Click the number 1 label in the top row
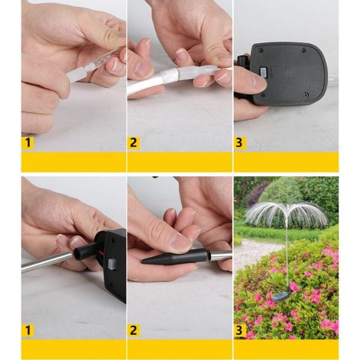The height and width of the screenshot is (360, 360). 28,143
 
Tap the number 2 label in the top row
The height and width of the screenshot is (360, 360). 133,143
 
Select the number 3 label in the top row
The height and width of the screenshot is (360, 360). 239,143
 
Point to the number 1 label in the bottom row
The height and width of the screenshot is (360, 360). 28,330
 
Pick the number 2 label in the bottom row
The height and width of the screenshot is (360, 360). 133,330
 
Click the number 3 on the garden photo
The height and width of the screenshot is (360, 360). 239,330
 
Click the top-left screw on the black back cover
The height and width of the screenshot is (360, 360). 260,50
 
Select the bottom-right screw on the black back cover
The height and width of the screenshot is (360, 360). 306,94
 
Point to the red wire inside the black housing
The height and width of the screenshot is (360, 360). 100,253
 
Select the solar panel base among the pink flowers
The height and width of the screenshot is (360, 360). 281,297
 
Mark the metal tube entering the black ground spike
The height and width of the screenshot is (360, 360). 220,256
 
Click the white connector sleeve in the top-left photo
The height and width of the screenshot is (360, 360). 77,74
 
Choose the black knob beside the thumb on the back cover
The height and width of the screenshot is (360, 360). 242,61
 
